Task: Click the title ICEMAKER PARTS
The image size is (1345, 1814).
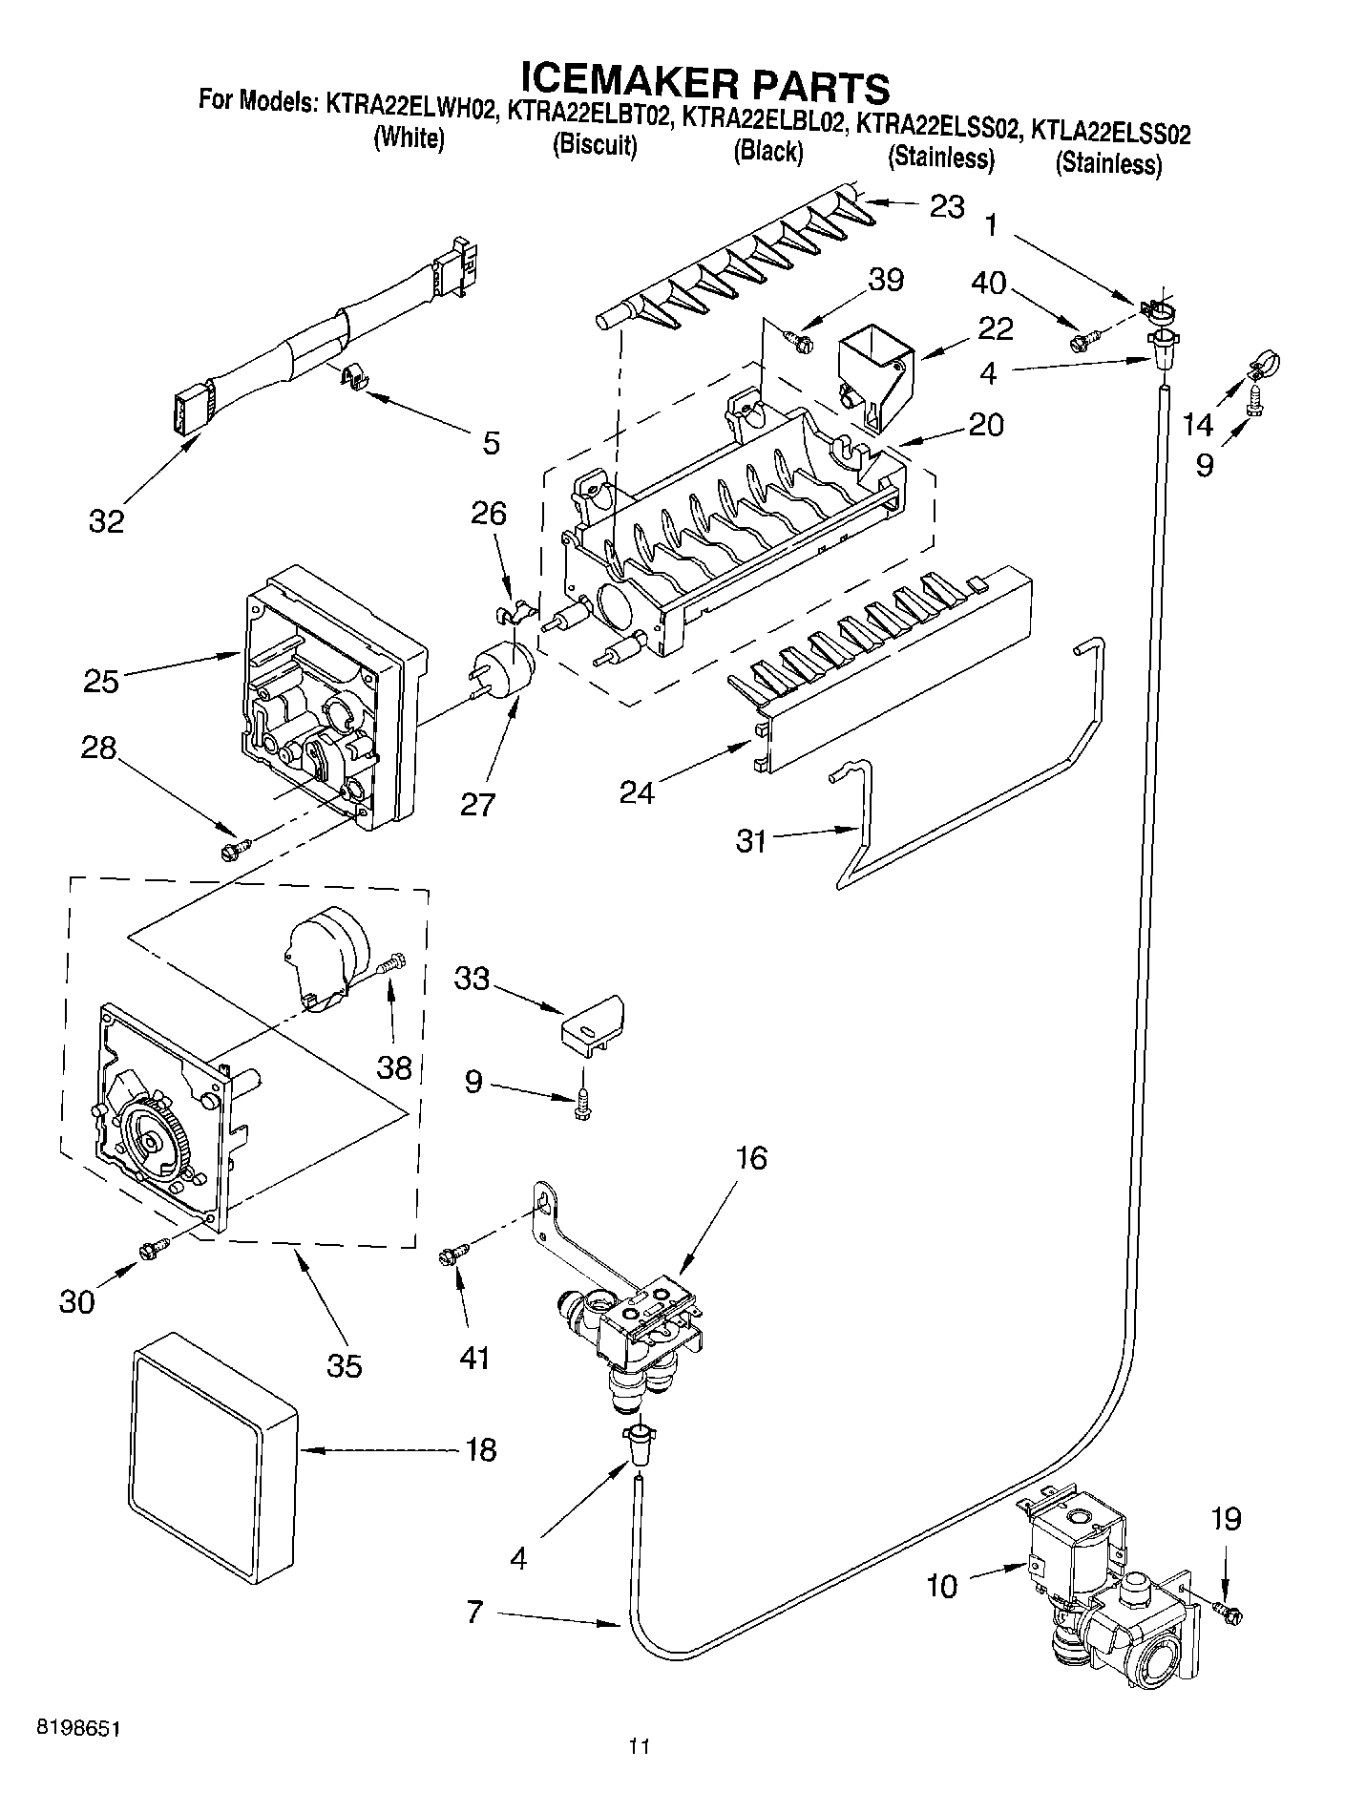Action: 704,84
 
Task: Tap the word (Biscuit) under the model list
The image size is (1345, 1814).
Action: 595,146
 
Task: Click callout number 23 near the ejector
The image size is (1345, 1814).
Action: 947,206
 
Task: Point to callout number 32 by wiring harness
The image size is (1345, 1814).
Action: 107,521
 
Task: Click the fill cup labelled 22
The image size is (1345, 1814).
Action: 874,376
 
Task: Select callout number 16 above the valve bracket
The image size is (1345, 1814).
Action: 751,1157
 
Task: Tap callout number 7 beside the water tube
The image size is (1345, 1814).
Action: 475,1613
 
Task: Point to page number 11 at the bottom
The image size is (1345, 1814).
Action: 639,1774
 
